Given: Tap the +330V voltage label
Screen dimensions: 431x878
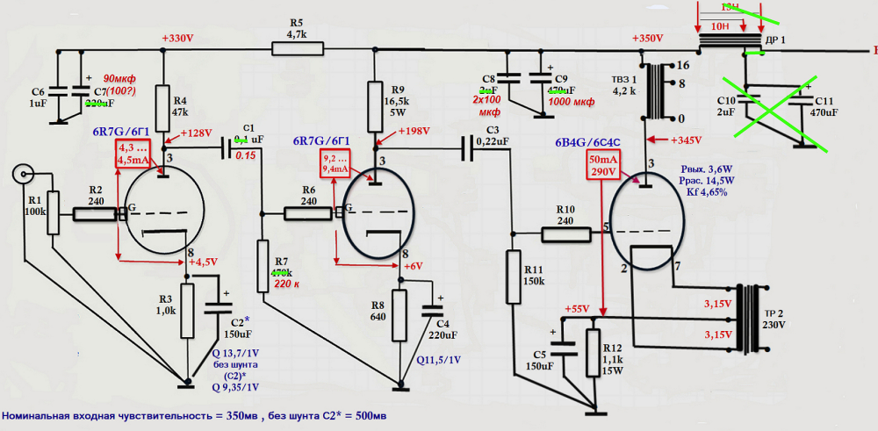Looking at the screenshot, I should coord(179,39).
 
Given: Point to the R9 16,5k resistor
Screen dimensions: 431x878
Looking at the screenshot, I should coord(374,98).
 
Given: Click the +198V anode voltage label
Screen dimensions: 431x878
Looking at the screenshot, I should coord(412,132).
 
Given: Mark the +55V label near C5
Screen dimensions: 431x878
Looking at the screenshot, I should coord(577,310).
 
